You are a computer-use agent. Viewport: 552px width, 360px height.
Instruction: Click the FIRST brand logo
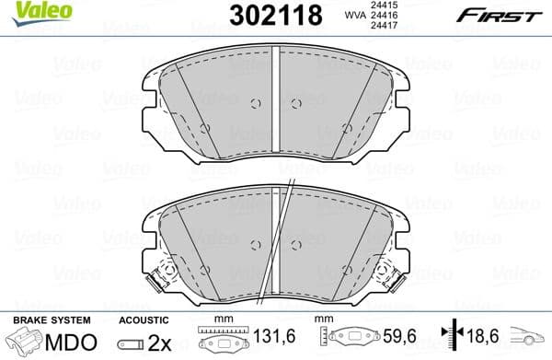(498, 16)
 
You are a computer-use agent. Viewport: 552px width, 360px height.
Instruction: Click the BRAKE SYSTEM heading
(51, 319)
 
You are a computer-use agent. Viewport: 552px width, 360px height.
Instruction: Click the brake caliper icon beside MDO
(26, 342)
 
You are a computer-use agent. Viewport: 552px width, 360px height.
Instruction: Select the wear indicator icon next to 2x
(136, 342)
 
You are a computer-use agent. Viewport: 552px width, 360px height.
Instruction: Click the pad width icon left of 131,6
(217, 341)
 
